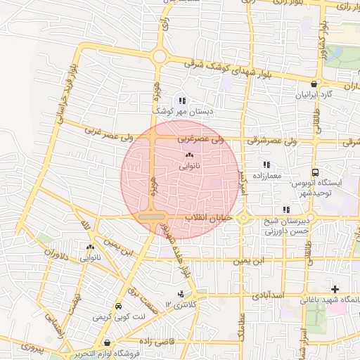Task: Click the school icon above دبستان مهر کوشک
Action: point(182,101)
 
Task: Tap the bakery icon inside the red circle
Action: point(189,155)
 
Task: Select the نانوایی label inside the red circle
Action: point(190,167)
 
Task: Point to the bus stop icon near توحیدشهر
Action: point(315,172)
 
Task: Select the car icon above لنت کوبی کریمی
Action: point(117,307)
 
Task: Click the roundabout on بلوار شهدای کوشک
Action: point(160,56)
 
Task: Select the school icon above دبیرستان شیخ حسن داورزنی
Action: point(285,210)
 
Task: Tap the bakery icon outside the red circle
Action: point(90,247)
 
